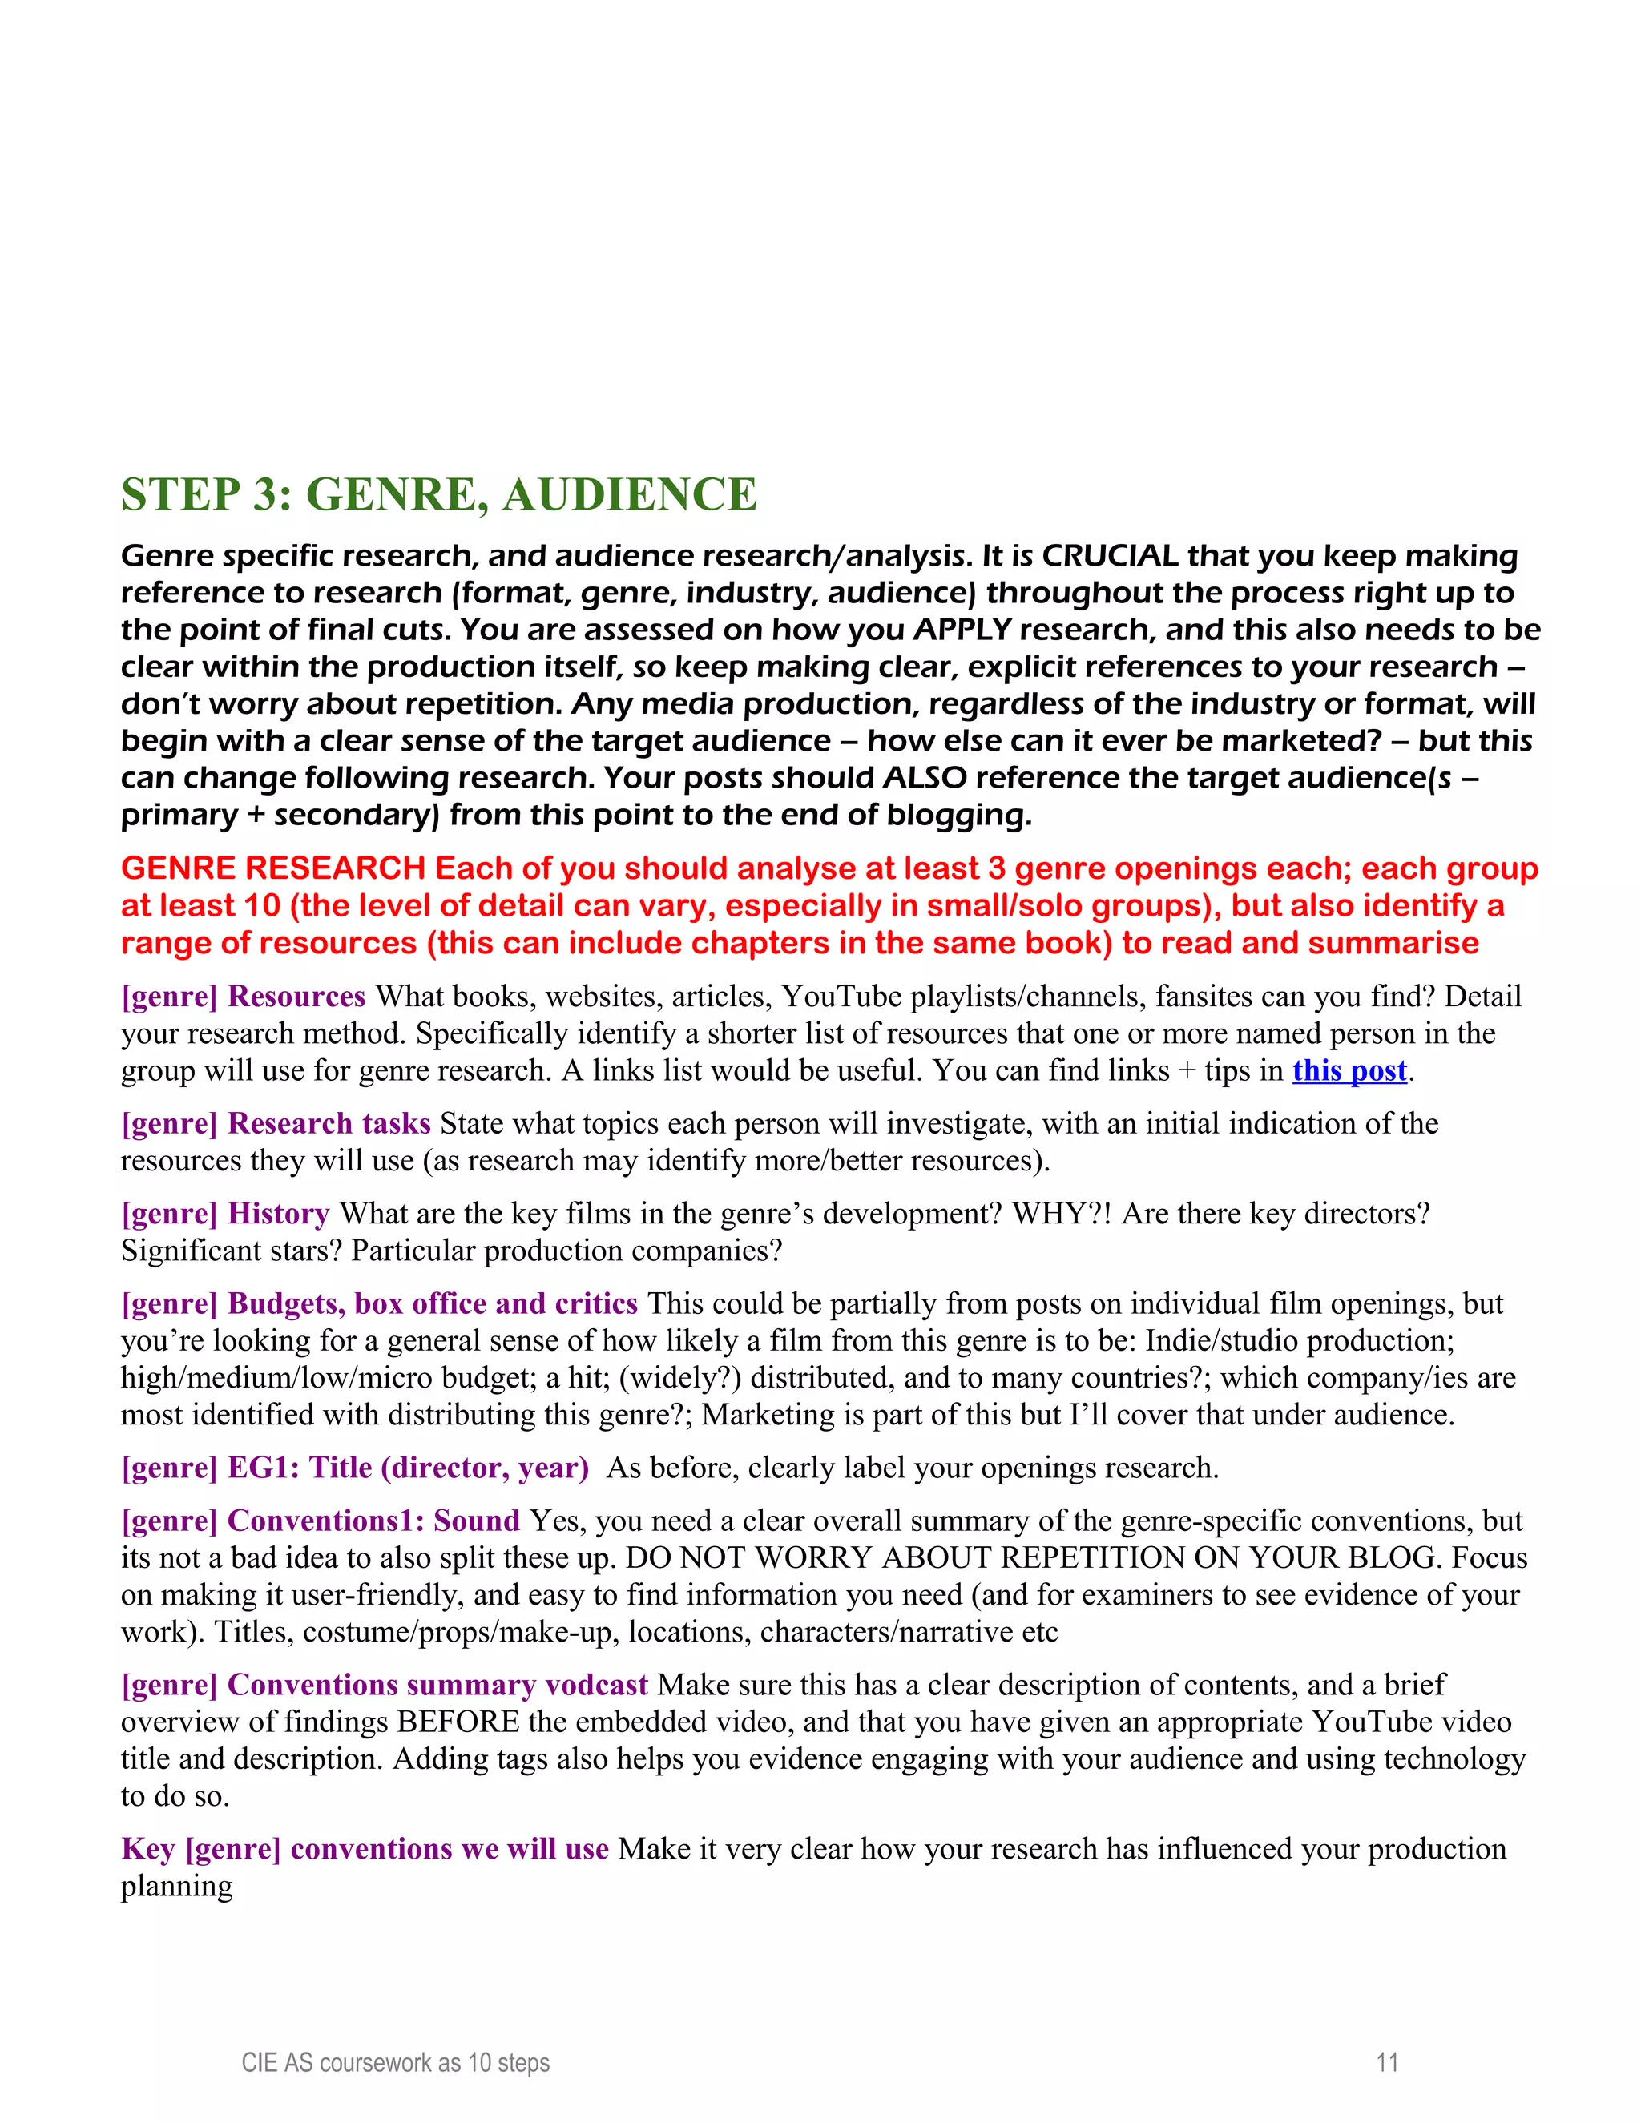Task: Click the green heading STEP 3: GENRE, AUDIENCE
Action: click(x=438, y=495)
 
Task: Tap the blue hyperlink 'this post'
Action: click(x=1349, y=1070)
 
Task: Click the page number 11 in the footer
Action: click(x=1387, y=2062)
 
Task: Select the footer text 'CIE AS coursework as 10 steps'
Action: click(x=396, y=2062)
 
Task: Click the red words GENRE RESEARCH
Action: click(x=273, y=868)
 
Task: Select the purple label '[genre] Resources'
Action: click(x=243, y=997)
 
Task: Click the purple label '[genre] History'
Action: click(x=225, y=1214)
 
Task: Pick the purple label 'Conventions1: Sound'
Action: click(x=373, y=1521)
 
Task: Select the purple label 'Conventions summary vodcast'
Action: click(x=437, y=1685)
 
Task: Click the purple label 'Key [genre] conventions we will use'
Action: click(x=365, y=1849)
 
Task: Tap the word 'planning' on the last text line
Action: click(x=177, y=1886)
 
